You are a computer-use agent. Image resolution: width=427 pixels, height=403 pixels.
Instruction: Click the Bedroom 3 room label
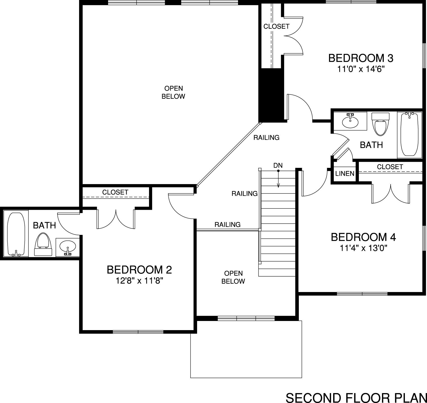361,58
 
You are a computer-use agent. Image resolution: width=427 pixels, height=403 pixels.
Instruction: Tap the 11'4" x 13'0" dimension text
363,248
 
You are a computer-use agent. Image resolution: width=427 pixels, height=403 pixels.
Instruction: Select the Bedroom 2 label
139,270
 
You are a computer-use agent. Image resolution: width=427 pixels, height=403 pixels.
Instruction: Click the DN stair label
278,166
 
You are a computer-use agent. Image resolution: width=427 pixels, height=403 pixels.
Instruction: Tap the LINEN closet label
345,173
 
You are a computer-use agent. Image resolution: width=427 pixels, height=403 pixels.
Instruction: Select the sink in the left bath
68,247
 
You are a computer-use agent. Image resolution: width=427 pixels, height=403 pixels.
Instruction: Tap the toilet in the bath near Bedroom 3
380,124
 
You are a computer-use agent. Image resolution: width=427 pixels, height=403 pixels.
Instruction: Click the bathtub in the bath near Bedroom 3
409,134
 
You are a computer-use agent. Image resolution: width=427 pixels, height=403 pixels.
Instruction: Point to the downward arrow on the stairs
278,179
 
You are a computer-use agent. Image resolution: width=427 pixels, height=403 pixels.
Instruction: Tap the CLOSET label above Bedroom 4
390,167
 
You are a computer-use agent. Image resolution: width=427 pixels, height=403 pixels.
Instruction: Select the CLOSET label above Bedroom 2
115,192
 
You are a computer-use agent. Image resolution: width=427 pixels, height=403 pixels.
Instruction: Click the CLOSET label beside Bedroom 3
276,26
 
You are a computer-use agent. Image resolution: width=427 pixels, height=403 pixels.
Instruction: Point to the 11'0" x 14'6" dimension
361,69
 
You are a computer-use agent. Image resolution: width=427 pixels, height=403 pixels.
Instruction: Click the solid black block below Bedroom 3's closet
271,95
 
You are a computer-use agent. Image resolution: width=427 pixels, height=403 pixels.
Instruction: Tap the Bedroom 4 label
363,237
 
